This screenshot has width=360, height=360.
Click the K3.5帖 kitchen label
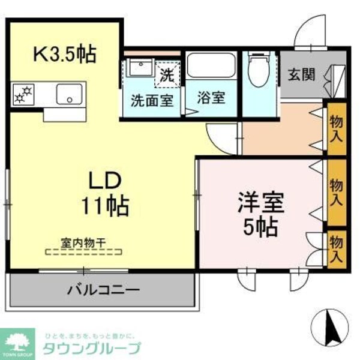pyautogui.click(x=64, y=55)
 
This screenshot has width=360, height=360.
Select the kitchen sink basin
pyautogui.click(x=70, y=95)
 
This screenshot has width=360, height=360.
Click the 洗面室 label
pyautogui.click(x=152, y=100)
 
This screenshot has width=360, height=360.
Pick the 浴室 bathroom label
pyautogui.click(x=211, y=98)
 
